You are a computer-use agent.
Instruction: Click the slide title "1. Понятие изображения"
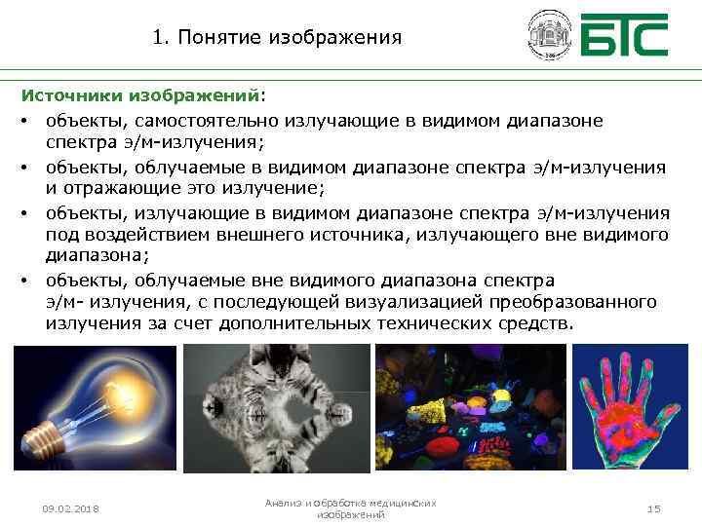pyautogui.click(x=277, y=38)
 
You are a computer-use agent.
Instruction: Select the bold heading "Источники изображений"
pyautogui.click(x=141, y=97)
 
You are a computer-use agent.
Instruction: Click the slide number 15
pyautogui.click(x=653, y=508)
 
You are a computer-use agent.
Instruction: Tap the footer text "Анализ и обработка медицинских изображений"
pyautogui.click(x=351, y=507)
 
